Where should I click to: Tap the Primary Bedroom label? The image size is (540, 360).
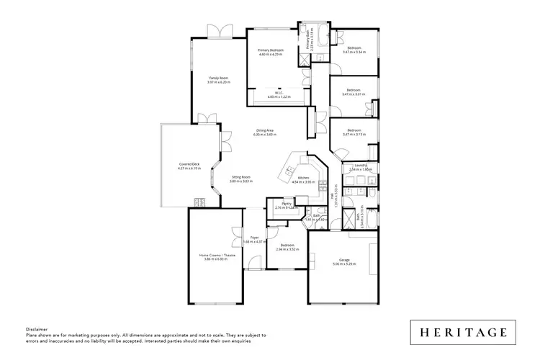point(271,50)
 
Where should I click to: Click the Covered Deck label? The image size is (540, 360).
point(189,164)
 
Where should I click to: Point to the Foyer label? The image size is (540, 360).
point(254,237)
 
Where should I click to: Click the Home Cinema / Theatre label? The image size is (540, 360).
point(217,255)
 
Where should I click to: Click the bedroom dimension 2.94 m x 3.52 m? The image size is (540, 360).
point(287,249)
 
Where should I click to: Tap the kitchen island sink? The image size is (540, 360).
point(289,171)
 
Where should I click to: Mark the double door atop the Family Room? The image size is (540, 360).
point(217,31)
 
